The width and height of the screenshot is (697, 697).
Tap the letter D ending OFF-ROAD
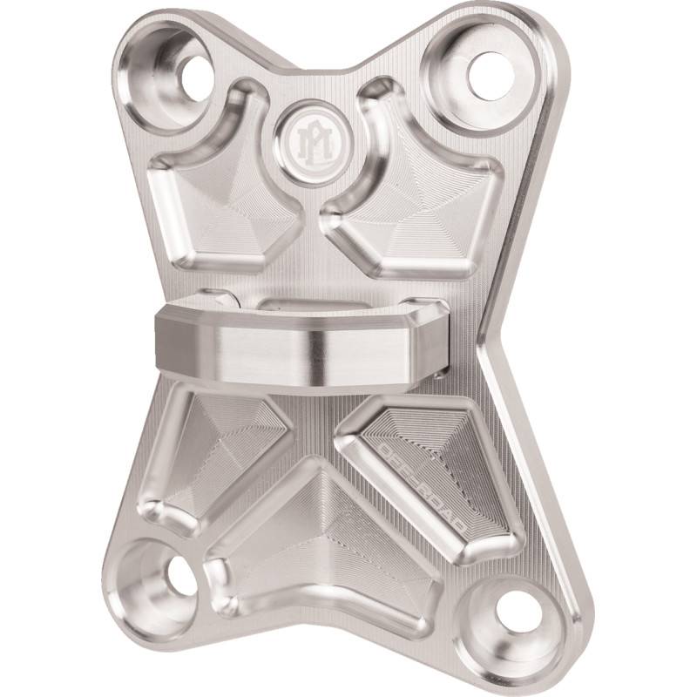470,532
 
